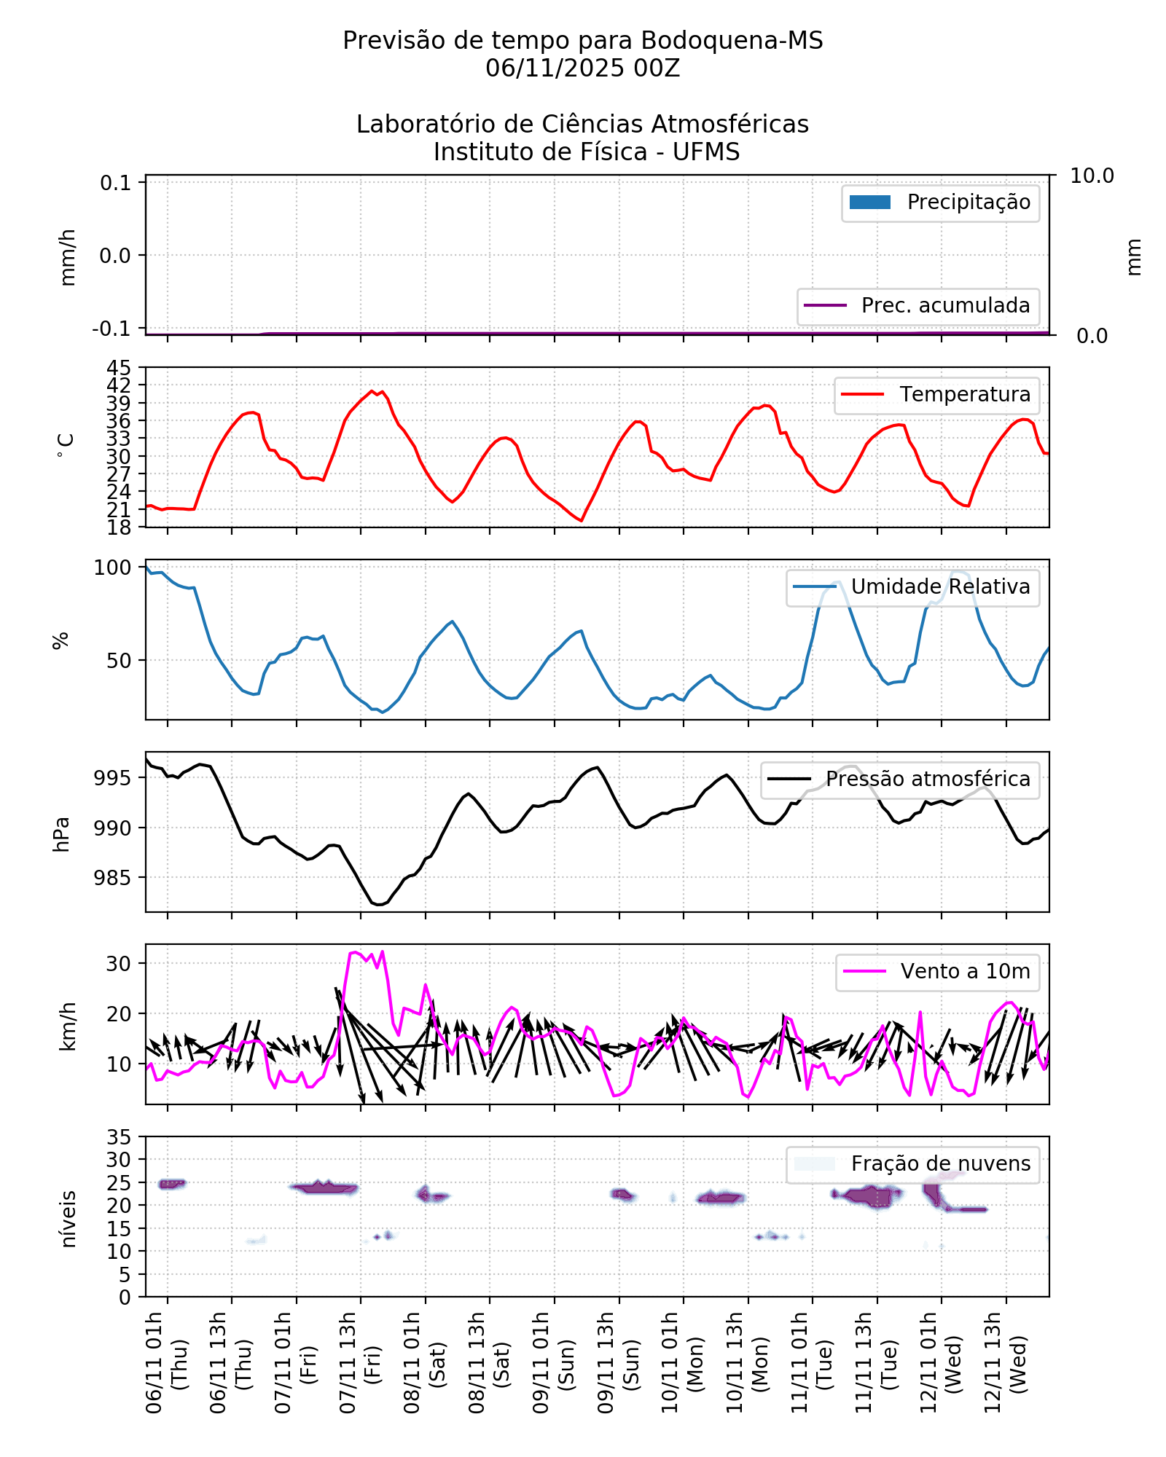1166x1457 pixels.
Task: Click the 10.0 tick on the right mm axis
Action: (x=1091, y=176)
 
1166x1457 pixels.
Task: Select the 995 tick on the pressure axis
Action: (x=113, y=778)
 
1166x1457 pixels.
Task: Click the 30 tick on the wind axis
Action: (x=118, y=964)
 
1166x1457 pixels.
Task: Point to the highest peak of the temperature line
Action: (x=372, y=391)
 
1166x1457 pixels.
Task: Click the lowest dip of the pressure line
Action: (x=379, y=905)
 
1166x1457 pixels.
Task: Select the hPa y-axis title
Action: (x=62, y=834)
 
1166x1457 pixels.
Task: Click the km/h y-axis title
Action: (x=68, y=1026)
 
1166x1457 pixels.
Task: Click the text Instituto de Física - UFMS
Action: (x=586, y=153)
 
